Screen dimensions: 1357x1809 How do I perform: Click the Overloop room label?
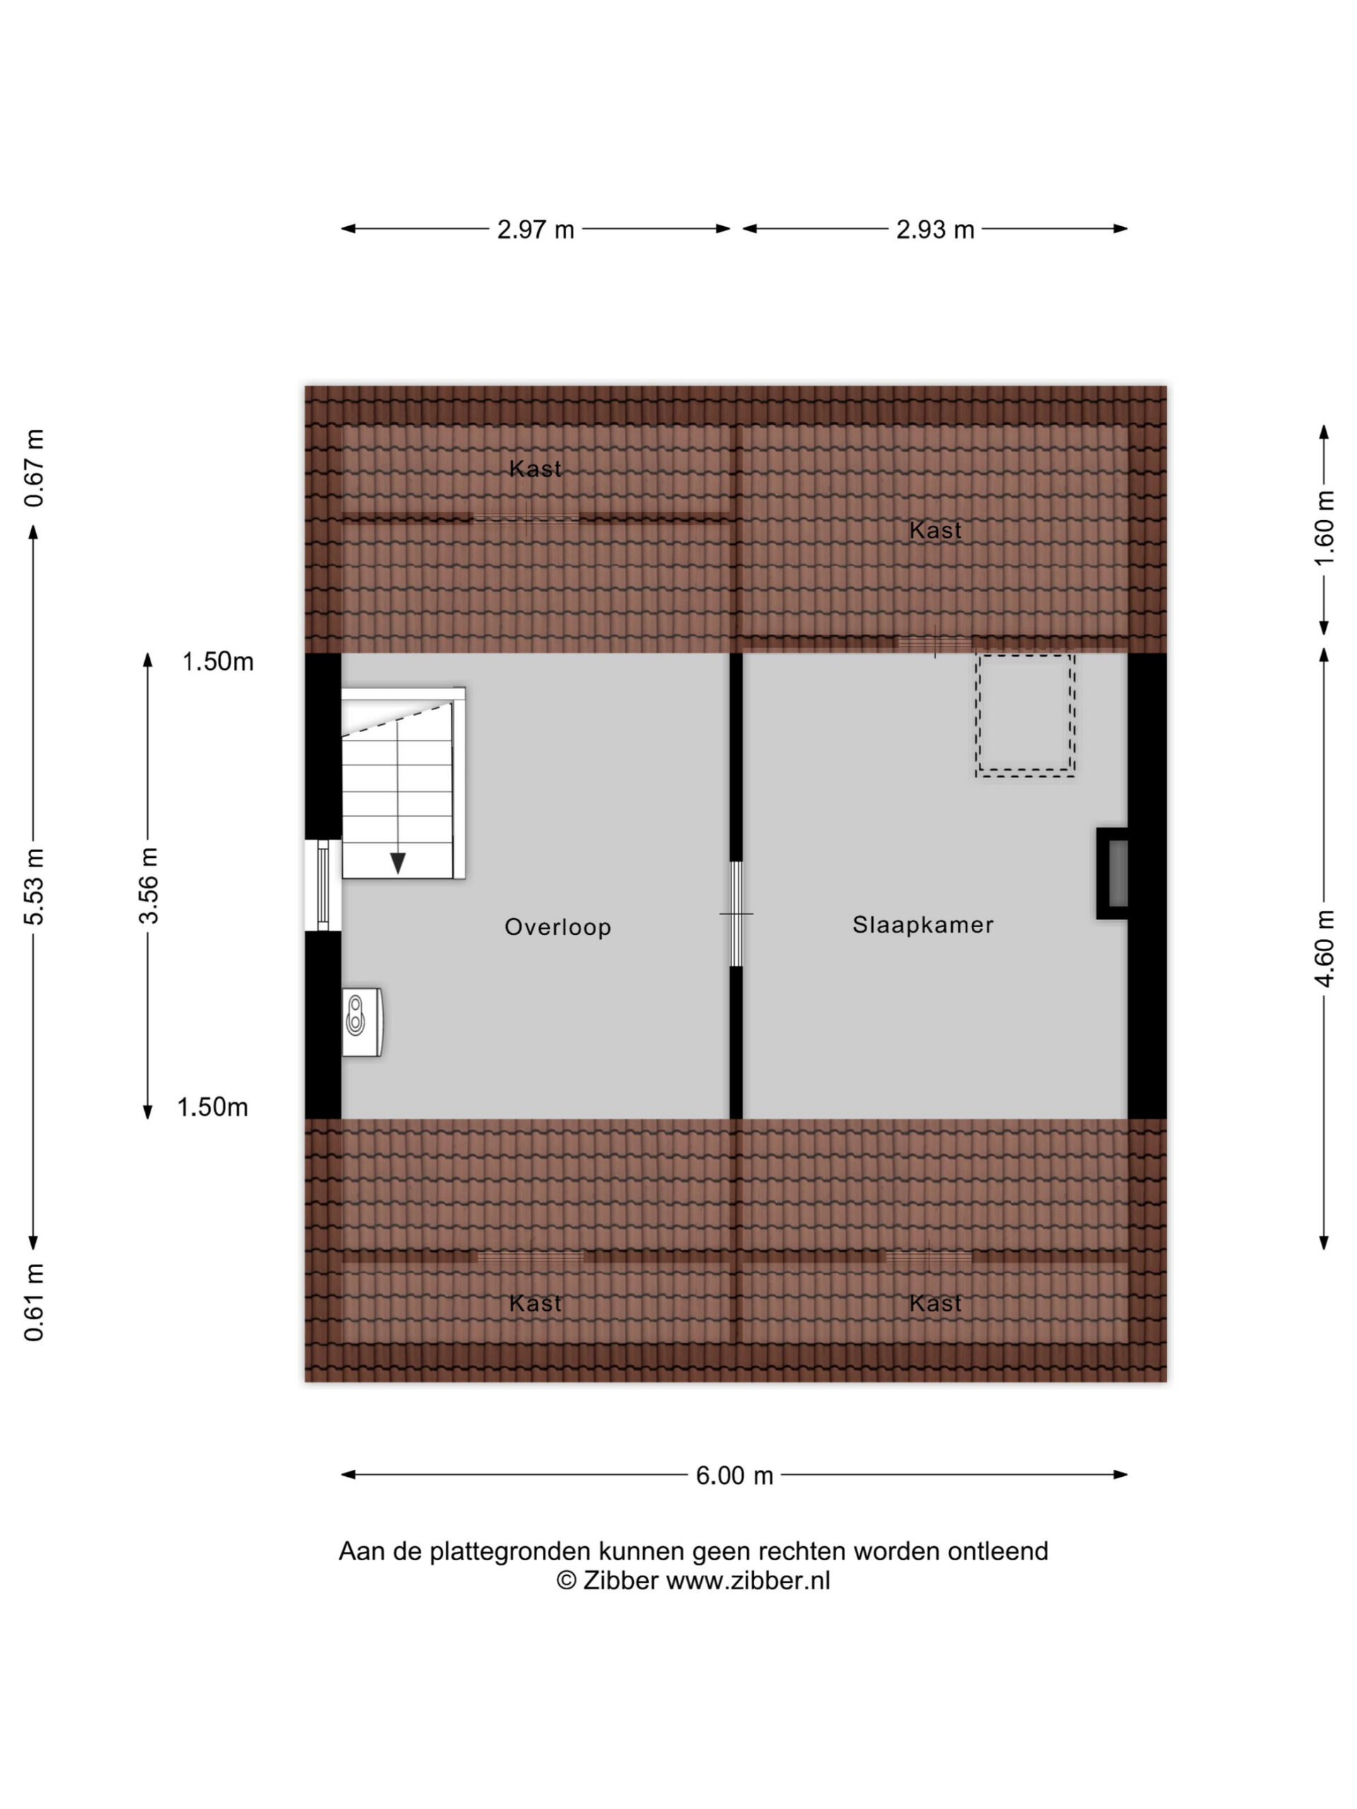click(x=557, y=926)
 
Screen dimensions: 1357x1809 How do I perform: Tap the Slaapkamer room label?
click(x=922, y=925)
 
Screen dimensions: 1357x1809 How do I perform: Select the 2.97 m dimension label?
click(x=536, y=230)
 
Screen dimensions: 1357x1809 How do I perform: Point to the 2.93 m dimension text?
click(x=935, y=230)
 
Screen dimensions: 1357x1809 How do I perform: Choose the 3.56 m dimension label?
click(x=148, y=885)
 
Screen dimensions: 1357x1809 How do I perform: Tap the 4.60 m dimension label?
click(x=1324, y=948)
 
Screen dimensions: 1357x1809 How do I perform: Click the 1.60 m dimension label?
click(x=1324, y=527)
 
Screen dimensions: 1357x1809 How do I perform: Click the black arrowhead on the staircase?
click(x=397, y=863)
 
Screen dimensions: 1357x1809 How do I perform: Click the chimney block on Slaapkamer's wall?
click(x=1112, y=873)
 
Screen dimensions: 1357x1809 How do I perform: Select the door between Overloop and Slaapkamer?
click(x=736, y=914)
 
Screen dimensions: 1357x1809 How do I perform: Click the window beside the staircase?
click(x=323, y=885)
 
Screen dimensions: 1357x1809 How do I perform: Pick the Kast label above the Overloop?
click(x=535, y=469)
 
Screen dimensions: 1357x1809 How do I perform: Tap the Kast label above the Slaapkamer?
click(x=935, y=530)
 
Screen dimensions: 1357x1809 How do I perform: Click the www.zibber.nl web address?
click(x=748, y=1581)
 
